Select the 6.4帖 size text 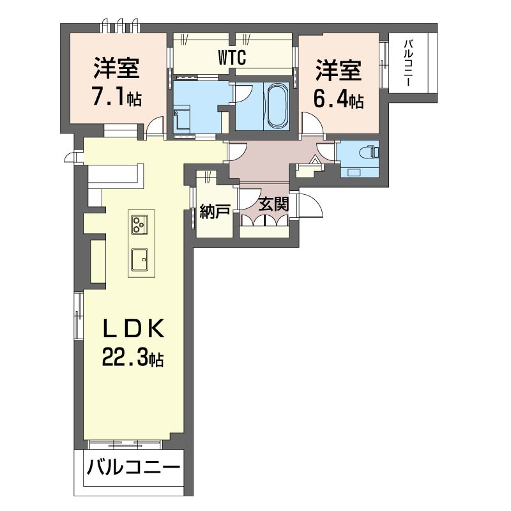(338, 100)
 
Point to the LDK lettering (135, 330)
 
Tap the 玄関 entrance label (274, 205)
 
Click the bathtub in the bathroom (277, 105)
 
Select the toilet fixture (371, 152)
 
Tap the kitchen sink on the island (140, 259)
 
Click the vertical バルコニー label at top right (409, 64)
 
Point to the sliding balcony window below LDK (125, 443)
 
